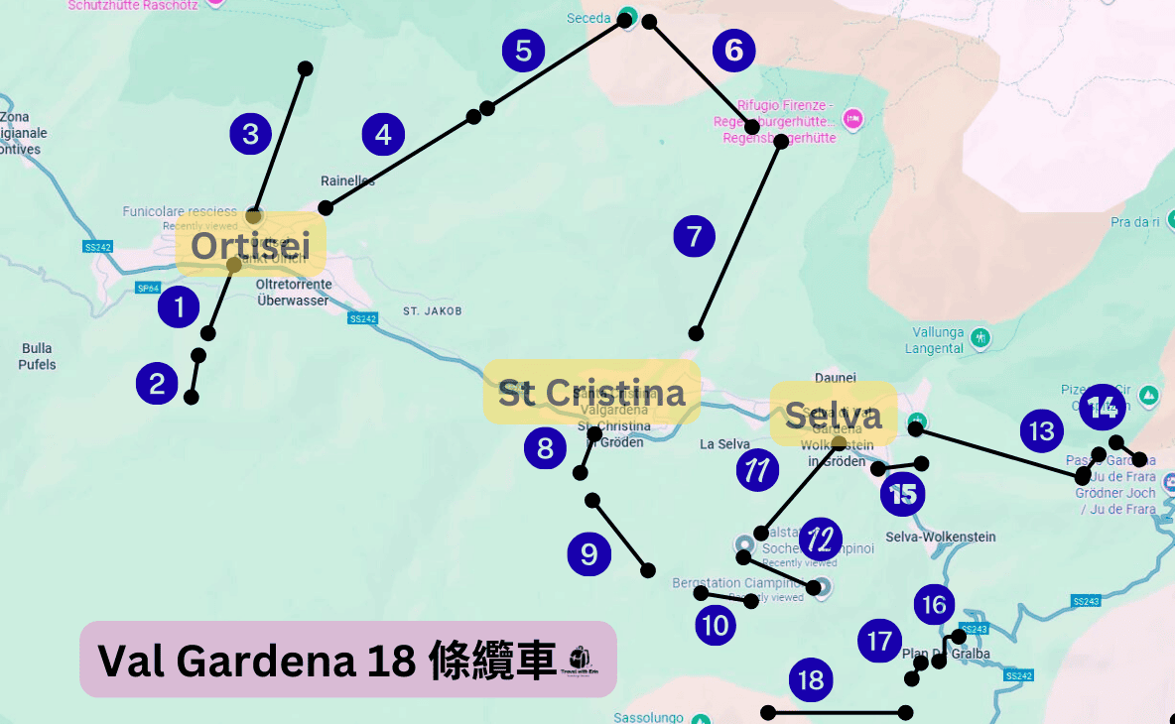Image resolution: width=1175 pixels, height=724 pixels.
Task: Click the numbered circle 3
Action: point(250,133)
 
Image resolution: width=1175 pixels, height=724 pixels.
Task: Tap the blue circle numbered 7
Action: point(694,236)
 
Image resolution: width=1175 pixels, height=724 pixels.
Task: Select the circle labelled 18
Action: point(811,679)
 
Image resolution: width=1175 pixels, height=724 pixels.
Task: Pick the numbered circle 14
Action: point(1102,407)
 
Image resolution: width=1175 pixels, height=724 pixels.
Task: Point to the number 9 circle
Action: point(588,553)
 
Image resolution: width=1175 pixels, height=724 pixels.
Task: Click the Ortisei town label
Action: point(251,245)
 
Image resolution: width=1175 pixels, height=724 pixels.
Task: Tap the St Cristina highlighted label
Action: point(591,392)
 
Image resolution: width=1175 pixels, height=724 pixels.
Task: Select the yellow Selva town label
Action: point(834,416)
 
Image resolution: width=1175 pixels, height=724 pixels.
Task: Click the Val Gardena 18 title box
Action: point(347,660)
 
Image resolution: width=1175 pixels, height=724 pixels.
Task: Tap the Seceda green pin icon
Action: point(627,16)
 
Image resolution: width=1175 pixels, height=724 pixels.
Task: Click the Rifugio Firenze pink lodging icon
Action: point(851,120)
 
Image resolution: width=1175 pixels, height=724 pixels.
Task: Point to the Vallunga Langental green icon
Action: point(980,335)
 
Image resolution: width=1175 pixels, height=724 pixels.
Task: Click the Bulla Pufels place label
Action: point(37,356)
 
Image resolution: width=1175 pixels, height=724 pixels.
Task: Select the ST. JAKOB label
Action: point(432,310)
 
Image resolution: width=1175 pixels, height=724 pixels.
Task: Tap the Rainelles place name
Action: point(347,181)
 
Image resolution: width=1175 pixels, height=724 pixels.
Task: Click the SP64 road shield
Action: point(147,288)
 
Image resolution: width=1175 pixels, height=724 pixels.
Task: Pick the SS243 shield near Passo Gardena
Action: point(1087,601)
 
